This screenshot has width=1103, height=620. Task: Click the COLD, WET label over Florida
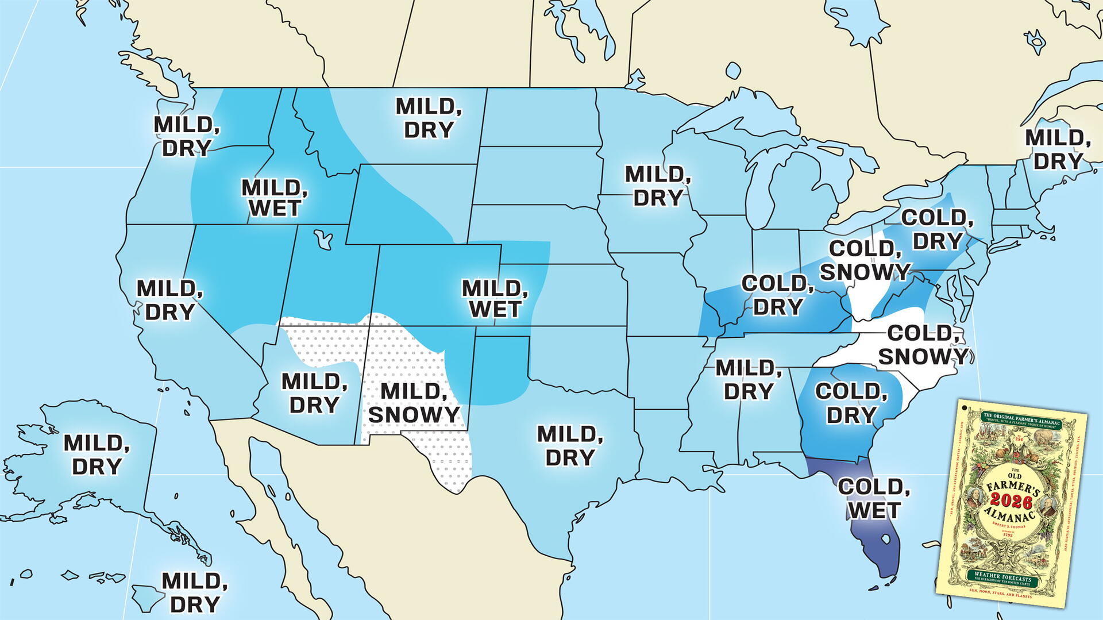coord(874,498)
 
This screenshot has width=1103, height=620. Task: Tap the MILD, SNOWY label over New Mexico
coord(414,403)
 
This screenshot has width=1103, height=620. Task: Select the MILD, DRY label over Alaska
coord(97,455)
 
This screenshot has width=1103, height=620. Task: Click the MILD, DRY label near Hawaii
coord(194,592)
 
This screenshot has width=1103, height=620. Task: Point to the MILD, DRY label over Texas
coord(570,446)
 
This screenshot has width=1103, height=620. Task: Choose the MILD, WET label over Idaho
coord(274,198)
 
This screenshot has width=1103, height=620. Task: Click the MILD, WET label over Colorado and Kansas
coord(495,299)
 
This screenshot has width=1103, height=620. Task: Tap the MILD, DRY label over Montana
coord(429,118)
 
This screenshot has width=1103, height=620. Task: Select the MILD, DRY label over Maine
coord(1058,149)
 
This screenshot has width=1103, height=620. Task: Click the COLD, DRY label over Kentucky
coord(777,295)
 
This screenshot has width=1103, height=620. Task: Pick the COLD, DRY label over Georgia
coord(851,403)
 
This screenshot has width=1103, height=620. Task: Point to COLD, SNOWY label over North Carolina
coord(923,345)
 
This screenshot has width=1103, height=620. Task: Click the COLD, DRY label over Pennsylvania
coord(937,229)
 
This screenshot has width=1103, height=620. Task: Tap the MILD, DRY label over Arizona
coord(314,393)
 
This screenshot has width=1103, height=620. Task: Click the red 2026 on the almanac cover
coord(1011,502)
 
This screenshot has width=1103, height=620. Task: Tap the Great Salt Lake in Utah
coord(323,238)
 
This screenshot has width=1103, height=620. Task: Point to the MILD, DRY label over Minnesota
coord(658,186)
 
